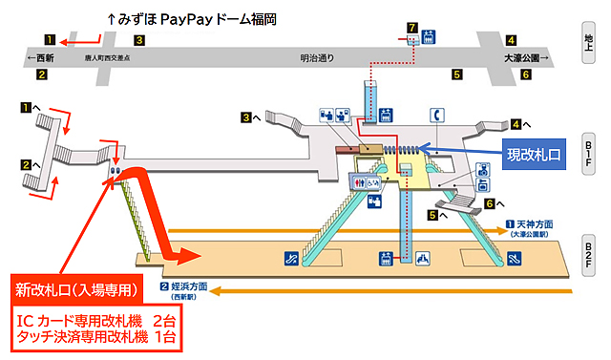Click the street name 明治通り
coord(317,57)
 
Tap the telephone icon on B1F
coord(438,113)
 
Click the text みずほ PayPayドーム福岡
coord(197,19)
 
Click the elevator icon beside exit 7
coord(429,36)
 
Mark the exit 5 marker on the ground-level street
coord(457,74)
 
